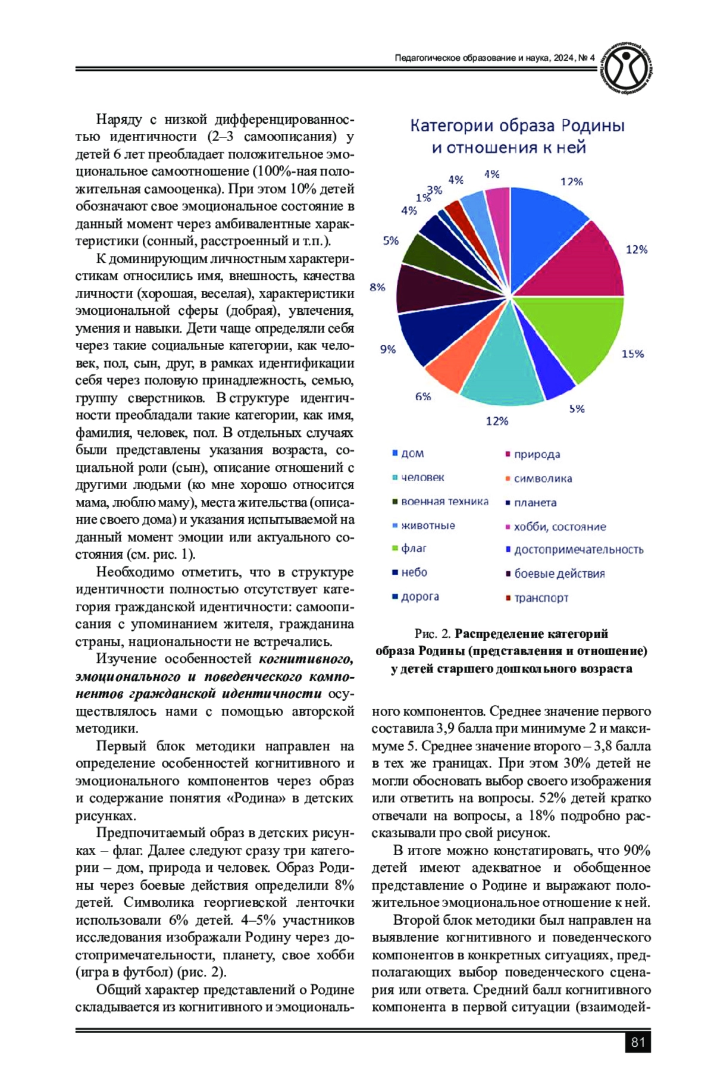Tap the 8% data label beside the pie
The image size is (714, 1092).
coord(378,287)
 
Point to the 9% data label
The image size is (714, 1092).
coord(388,349)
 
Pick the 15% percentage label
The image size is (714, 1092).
coord(632,353)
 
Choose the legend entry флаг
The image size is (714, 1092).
coord(414,548)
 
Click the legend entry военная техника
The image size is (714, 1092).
coord(444,502)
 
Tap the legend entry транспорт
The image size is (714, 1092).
coord(541,597)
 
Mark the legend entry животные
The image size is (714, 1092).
coord(428,525)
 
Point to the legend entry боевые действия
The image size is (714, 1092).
coord(559,574)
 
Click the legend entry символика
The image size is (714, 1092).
coord(543,478)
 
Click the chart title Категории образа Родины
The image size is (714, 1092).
coord(517,126)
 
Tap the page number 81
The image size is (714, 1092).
coord(638,1042)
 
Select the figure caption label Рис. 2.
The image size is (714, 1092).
coord(433,633)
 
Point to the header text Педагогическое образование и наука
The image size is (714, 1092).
coord(473,58)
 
